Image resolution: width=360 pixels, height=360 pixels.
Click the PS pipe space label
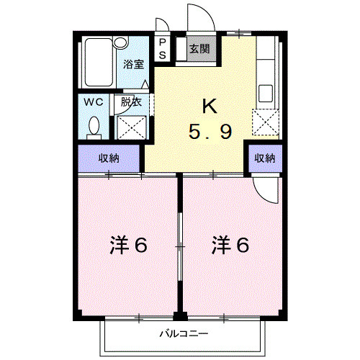point(162,49)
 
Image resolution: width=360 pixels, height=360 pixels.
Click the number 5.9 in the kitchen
point(210,132)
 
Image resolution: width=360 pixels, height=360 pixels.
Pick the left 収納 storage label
point(109,158)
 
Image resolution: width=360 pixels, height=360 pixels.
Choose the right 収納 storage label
point(264,158)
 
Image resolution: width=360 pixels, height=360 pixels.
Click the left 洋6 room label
point(130,246)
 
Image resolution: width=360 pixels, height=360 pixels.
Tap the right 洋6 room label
point(230,246)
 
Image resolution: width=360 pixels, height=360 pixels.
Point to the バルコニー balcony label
point(184,334)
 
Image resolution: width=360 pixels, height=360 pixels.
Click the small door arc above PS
point(163,25)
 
